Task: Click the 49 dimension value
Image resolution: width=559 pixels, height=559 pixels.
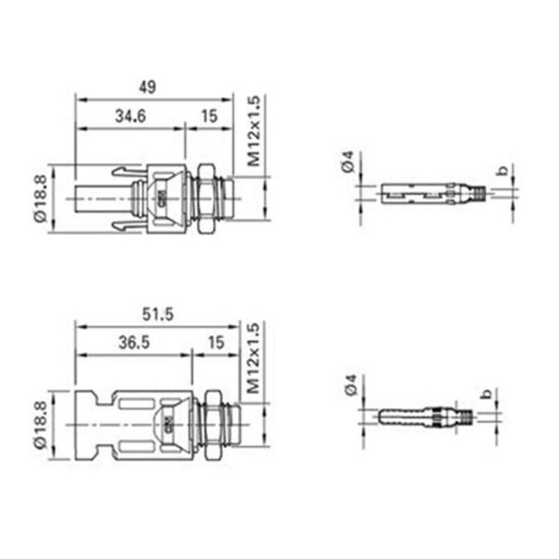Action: pos(147,87)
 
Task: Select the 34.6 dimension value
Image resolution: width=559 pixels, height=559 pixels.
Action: pos(131,116)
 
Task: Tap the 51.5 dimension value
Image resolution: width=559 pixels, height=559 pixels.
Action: pos(158,314)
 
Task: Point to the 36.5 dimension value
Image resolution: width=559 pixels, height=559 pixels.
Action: pos(134,342)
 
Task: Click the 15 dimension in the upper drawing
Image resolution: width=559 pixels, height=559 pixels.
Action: pos(209,116)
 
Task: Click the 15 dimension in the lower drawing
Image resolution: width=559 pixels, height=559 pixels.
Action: pos(217,342)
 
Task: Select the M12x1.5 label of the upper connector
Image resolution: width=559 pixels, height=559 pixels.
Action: pos(254,131)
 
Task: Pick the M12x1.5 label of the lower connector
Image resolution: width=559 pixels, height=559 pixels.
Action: pos(254,358)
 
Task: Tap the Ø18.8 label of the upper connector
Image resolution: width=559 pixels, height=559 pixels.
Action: pos(41,198)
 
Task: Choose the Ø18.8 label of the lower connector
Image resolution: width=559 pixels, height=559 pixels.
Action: pos(41,425)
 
